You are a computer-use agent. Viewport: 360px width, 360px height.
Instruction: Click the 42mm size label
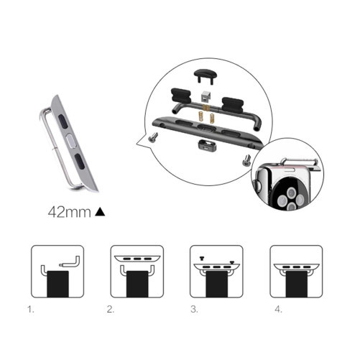(x=70, y=212)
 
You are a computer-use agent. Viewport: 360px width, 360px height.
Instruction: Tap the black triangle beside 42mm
(x=100, y=212)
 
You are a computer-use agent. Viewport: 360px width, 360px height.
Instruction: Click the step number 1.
(x=30, y=310)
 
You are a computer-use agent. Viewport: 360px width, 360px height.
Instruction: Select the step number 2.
(x=111, y=310)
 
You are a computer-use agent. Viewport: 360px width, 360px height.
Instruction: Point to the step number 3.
(x=194, y=310)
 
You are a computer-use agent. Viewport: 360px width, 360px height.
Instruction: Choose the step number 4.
(x=278, y=310)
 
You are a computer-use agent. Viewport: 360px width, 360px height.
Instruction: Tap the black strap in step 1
(x=57, y=284)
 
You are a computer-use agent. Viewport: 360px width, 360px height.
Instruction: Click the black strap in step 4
(x=297, y=285)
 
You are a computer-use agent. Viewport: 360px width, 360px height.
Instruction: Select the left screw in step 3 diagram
(x=202, y=258)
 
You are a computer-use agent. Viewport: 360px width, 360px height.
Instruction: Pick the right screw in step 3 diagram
(x=232, y=262)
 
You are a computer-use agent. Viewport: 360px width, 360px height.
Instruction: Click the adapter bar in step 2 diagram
(x=137, y=259)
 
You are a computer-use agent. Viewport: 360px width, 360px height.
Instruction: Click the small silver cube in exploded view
(x=206, y=96)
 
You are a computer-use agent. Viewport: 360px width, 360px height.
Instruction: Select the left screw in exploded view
(x=152, y=137)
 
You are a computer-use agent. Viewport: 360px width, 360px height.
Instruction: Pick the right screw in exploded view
(x=246, y=160)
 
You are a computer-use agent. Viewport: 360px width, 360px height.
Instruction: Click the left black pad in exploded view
(x=180, y=96)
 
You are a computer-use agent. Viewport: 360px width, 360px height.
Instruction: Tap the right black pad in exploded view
(x=233, y=104)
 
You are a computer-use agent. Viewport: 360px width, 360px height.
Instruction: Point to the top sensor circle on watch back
(x=292, y=192)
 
